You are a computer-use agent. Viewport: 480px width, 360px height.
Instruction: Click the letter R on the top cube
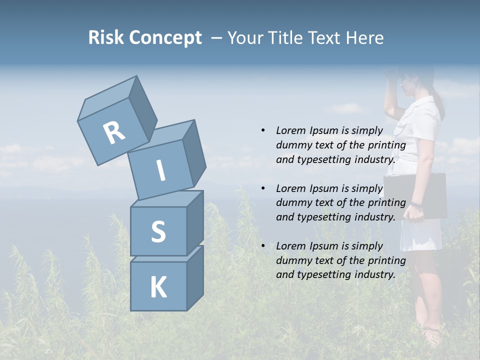114,133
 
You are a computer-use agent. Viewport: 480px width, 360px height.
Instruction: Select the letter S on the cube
158,231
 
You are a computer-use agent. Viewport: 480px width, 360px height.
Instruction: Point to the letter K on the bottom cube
158,287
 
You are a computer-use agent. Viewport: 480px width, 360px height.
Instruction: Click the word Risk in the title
106,38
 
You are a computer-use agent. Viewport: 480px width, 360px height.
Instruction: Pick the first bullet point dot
263,130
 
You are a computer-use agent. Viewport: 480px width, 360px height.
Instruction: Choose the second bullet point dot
263,188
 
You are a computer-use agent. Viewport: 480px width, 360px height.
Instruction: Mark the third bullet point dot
263,246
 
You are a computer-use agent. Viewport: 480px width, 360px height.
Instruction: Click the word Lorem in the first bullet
291,130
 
